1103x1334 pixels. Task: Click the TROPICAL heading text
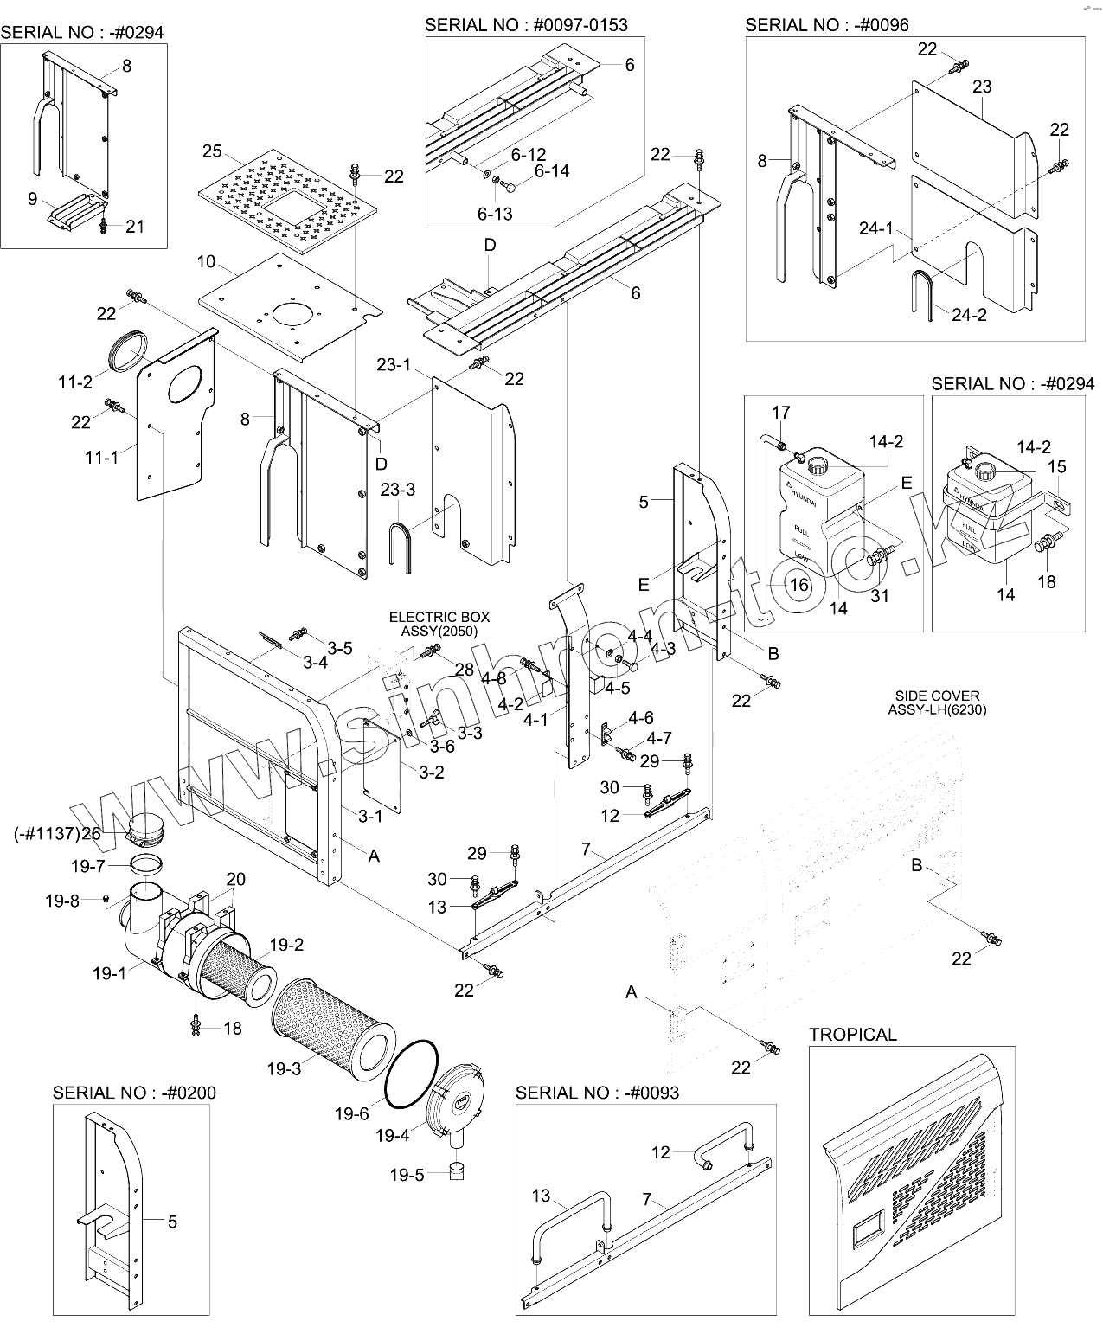[x=853, y=1034]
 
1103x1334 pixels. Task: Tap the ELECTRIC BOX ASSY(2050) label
[x=439, y=624]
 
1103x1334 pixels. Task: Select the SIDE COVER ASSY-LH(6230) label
[x=937, y=702]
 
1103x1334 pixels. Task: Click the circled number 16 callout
[x=799, y=585]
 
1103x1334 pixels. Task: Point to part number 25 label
[x=212, y=152]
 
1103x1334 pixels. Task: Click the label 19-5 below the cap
[x=407, y=1175]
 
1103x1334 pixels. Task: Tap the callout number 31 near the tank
[x=879, y=595]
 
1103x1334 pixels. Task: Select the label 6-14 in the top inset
[x=551, y=171]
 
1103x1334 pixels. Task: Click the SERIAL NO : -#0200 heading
[x=134, y=1092]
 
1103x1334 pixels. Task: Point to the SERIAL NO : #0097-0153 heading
[x=526, y=24]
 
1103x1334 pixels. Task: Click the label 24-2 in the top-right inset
[x=969, y=315]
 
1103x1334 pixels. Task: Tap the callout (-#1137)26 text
[x=58, y=833]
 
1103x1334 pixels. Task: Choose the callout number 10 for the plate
[x=206, y=261]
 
